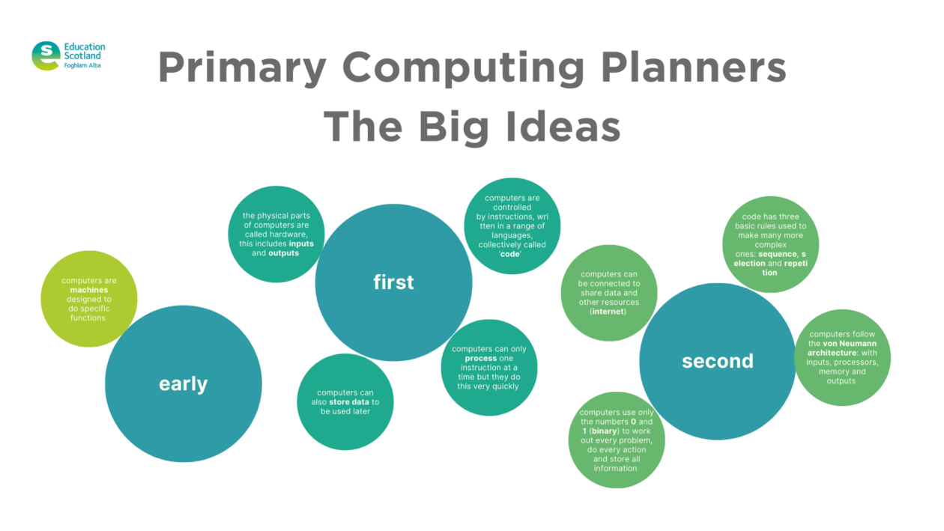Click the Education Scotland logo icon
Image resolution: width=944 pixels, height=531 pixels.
pos(46,55)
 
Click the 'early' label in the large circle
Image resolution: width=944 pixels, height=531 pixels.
pos(183,384)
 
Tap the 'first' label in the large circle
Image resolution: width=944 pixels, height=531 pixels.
pos(393,282)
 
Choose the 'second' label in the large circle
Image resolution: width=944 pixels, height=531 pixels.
pos(717,361)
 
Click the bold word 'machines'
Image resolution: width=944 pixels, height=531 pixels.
pos(89,290)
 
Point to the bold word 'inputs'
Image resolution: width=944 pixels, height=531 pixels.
pos(301,243)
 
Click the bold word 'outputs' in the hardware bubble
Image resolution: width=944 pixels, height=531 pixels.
pos(283,253)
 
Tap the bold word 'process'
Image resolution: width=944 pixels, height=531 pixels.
pos(481,358)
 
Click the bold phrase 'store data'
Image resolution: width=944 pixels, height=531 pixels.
pos(349,402)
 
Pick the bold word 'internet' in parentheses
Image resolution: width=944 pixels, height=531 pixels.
pos(608,312)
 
